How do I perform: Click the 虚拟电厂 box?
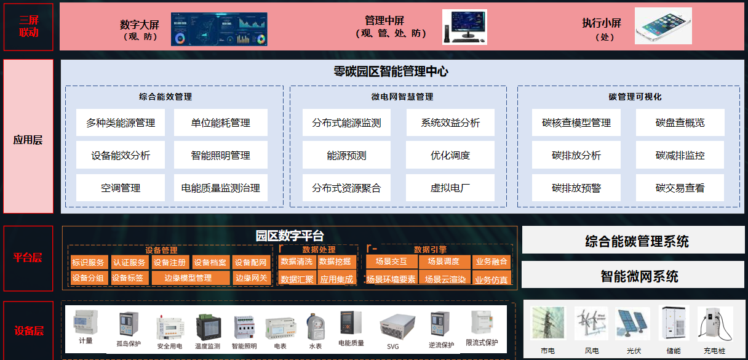point(450,188)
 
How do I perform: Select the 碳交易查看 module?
point(680,188)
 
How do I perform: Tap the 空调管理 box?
point(121,188)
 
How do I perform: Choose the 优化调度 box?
point(450,155)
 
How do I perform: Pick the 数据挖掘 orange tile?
point(335,262)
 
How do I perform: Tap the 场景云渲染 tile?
point(445,279)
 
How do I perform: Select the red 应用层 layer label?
point(28,140)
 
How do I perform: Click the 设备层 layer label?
point(28,331)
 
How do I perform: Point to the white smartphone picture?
point(663,26)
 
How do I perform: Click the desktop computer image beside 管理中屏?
point(464,27)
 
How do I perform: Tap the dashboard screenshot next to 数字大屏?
point(219,30)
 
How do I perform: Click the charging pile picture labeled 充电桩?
point(715,324)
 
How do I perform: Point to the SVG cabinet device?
point(393,326)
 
